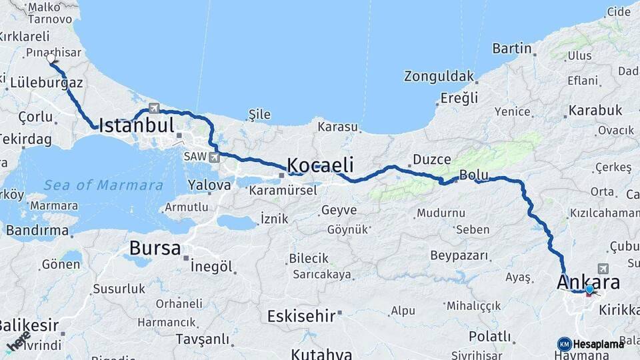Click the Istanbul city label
137,125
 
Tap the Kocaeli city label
320,165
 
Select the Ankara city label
588,281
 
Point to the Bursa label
155,249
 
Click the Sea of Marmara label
103,185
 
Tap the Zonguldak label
439,76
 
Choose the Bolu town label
474,176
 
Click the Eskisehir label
301,315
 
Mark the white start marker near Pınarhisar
51,59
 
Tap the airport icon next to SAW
213,157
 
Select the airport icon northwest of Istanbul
154,107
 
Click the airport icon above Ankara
604,267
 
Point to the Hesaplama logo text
599,344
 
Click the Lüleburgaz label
47,83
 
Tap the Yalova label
209,185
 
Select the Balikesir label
27,327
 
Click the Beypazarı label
459,256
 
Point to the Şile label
260,115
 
